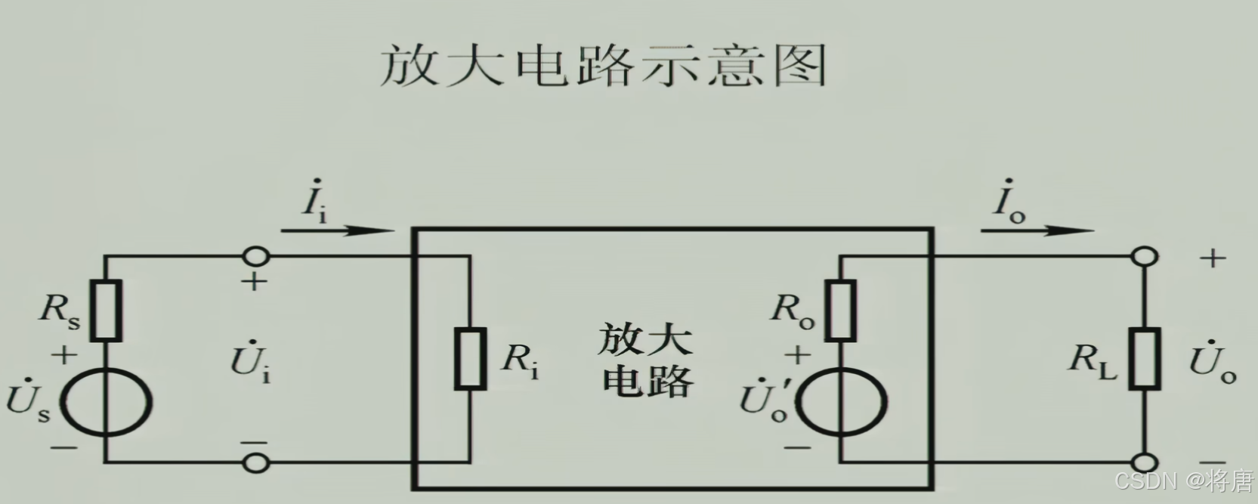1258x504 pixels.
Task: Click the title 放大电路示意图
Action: tap(603, 66)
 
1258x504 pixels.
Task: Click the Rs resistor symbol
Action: tap(106, 310)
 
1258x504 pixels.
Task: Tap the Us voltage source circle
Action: tap(106, 400)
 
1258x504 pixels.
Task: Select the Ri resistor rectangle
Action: tap(470, 359)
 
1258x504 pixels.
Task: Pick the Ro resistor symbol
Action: tap(840, 310)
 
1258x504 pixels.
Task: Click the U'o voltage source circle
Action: tap(840, 400)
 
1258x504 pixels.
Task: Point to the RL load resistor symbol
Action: tap(1145, 359)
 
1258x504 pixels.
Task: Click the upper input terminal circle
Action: tap(256, 257)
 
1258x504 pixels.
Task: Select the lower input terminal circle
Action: tap(256, 462)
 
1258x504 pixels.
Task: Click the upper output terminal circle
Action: tap(1145, 257)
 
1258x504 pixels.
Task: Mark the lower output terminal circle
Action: tap(1145, 462)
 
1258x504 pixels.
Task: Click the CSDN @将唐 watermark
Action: tap(1183, 481)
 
